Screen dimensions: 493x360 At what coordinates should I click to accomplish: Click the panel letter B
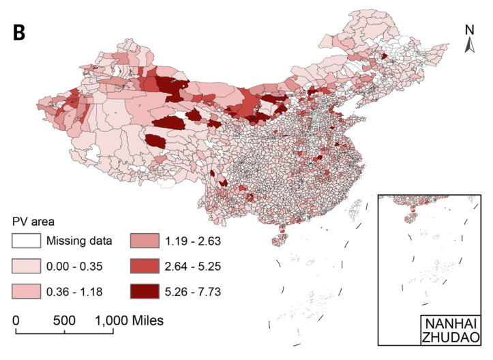coord(19,33)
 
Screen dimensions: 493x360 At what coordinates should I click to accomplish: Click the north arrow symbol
coord(469,44)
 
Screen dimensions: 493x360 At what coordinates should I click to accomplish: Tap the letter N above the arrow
coord(469,30)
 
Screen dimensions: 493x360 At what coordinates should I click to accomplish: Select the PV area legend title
coord(33,222)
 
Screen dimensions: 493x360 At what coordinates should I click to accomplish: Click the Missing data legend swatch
coord(27,241)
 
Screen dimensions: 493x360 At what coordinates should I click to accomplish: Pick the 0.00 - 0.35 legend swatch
coord(27,266)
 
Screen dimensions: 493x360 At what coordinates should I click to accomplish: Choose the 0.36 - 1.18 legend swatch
coord(27,291)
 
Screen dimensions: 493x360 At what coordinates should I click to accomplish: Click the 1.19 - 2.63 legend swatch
coord(145,241)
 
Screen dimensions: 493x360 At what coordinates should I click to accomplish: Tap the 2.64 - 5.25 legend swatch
coord(145,266)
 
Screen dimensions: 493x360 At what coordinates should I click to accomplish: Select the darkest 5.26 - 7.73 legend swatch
coord(145,291)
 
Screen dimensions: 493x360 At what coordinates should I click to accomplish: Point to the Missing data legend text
coord(79,241)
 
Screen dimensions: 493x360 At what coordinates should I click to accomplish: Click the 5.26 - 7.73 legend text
coord(193,292)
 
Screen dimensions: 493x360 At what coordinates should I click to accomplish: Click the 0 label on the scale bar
coord(16,320)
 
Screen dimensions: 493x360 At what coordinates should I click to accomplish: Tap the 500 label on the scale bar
coord(64,320)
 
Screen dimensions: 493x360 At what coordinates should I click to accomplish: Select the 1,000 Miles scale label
coord(130,320)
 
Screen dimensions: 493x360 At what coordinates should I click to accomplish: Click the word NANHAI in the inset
coord(451,324)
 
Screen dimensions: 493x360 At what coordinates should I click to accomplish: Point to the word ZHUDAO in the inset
coord(451,337)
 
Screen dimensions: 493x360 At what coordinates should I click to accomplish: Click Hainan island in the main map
coord(280,239)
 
